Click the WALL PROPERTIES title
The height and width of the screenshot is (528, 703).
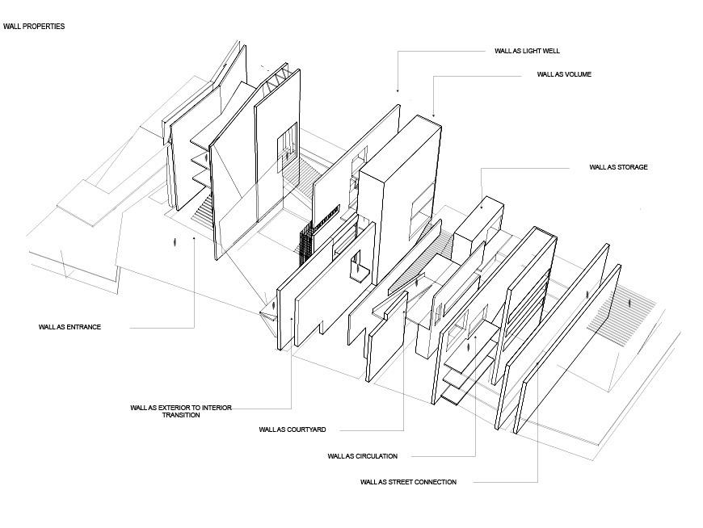(x=34, y=27)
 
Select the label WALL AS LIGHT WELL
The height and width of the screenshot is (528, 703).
(x=527, y=51)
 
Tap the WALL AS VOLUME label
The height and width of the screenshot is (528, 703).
(x=564, y=74)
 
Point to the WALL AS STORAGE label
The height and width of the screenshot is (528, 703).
(x=618, y=167)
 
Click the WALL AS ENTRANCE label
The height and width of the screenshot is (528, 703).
(x=69, y=327)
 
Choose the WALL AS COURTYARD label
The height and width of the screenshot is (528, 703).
(x=293, y=430)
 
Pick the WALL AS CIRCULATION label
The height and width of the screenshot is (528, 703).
(x=362, y=456)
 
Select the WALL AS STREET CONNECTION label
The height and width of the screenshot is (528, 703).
(x=408, y=482)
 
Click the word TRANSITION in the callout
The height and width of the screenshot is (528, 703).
(x=181, y=415)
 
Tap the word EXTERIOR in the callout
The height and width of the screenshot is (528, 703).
(x=175, y=408)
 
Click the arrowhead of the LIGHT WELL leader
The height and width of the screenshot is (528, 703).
(x=398, y=91)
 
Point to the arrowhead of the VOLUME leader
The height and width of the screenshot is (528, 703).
(x=434, y=115)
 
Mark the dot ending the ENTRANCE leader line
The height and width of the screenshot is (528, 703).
(x=194, y=238)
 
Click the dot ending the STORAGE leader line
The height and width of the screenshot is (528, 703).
(x=482, y=207)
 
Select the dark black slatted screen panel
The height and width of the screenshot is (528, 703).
(x=305, y=244)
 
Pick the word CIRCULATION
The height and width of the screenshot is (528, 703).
(x=377, y=456)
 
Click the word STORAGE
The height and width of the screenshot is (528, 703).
(x=633, y=167)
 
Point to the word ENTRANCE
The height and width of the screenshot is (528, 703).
(x=84, y=327)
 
